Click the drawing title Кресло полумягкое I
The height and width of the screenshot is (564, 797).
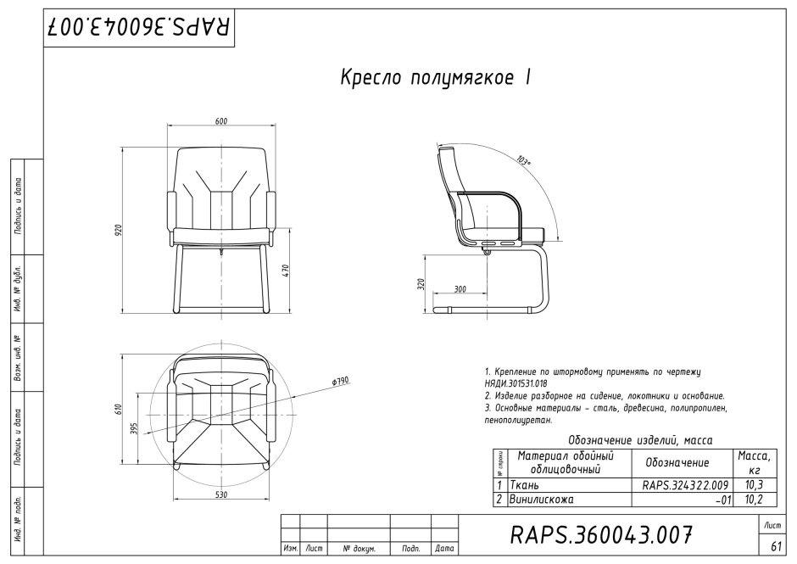click(x=435, y=78)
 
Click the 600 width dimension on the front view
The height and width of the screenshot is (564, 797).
click(x=220, y=122)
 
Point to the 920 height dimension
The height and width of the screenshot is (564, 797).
click(x=120, y=228)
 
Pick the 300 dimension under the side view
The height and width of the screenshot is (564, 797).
click(x=460, y=289)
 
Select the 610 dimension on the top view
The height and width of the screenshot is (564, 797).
click(x=120, y=410)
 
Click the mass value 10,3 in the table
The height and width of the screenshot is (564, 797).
click(x=753, y=485)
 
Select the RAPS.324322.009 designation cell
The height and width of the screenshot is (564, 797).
click(x=680, y=485)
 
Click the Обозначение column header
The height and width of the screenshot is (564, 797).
click(x=677, y=463)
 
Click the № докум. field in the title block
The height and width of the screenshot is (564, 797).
click(x=359, y=550)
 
